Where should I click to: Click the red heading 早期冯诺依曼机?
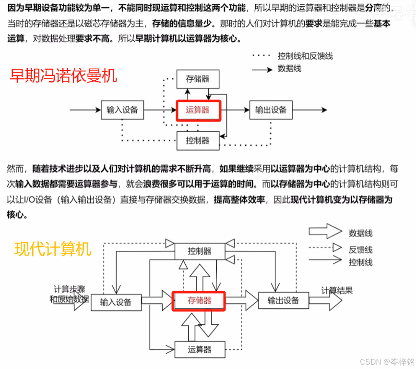(64, 75)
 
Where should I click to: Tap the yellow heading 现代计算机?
(53, 249)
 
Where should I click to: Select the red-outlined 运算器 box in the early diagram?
(198, 110)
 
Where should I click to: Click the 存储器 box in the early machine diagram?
(197, 79)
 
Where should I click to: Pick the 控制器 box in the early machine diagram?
(198, 140)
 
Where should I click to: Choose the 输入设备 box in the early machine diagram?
(122, 110)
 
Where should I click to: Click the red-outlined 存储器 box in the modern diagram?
(199, 301)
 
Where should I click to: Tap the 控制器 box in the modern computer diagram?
(200, 251)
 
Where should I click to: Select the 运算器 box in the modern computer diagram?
(200, 349)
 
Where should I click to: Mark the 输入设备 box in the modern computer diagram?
(116, 302)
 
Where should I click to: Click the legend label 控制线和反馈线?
(305, 56)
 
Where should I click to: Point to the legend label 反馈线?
(361, 249)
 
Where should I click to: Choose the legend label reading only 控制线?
(361, 262)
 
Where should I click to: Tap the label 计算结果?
(337, 290)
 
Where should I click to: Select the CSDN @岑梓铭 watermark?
(383, 361)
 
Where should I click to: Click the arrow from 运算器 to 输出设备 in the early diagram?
(235, 110)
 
